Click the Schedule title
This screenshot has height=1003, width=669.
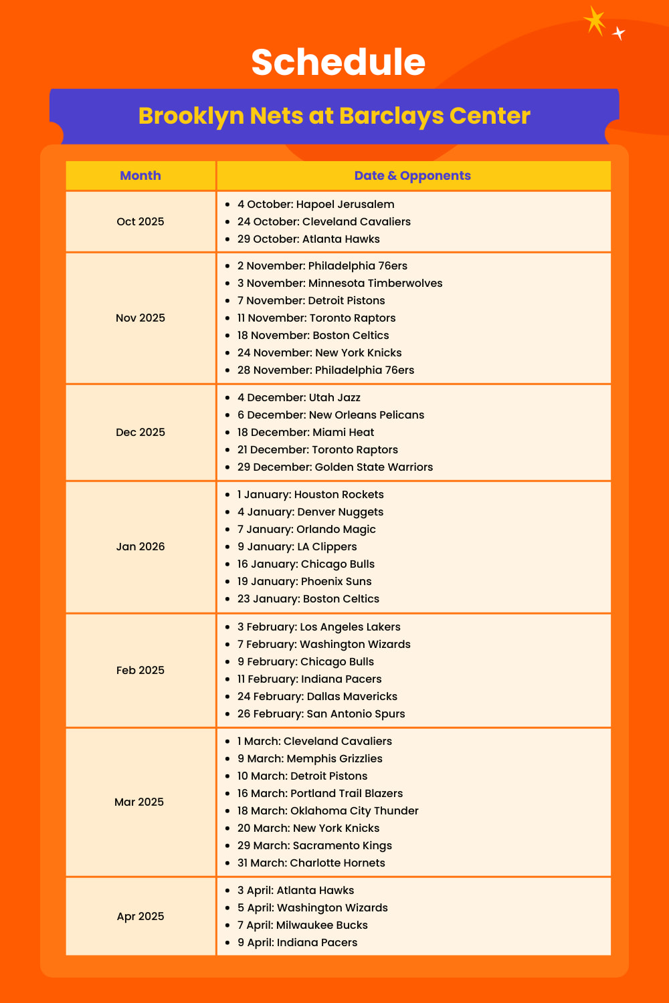coord(338,62)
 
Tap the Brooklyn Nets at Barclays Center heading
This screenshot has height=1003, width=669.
coord(334,116)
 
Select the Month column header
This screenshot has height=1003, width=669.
coord(140,176)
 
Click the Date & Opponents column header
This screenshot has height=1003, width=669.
coord(412,176)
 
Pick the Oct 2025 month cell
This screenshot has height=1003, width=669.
coord(140,221)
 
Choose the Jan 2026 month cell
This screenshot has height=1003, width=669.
coord(140,546)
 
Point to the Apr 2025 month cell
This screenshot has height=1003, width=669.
coord(140,916)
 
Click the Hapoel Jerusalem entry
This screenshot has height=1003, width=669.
coord(316,204)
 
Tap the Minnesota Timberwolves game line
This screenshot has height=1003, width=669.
coord(340,283)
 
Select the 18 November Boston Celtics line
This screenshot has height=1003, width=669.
coord(313,335)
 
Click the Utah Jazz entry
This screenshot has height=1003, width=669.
coord(299,397)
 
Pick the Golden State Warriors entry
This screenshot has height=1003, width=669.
coord(335,467)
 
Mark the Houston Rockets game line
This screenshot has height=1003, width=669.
coord(310,494)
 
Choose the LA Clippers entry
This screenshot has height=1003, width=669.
coord(297,546)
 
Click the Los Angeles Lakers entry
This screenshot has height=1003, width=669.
coord(319,627)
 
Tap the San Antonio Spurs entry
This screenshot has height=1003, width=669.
coord(321,713)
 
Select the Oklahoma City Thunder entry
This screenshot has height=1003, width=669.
coord(328,810)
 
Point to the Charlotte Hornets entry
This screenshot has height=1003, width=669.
coord(311,863)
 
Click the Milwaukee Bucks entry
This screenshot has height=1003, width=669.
coord(302,925)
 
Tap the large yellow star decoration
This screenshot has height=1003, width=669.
coord(594,20)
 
